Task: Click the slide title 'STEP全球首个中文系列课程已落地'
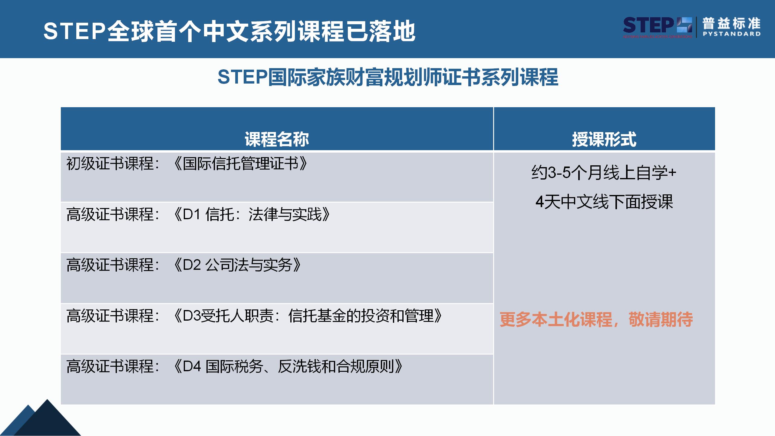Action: (x=229, y=31)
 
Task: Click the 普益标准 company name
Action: (x=731, y=24)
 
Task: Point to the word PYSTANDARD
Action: (x=731, y=34)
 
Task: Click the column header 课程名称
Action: (x=277, y=139)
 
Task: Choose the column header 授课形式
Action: (x=604, y=139)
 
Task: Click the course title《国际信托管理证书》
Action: (x=241, y=164)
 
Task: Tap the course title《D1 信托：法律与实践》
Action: (x=252, y=214)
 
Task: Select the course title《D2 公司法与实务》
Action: (x=237, y=265)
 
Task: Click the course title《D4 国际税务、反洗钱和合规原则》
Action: (x=288, y=366)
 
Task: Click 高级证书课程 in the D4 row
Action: (x=110, y=366)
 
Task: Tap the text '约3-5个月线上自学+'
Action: (x=604, y=173)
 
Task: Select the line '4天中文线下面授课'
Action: (x=604, y=202)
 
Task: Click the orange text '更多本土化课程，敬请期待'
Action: (x=596, y=319)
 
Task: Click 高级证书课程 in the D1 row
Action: (x=110, y=214)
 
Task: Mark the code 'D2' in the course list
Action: (x=192, y=265)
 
